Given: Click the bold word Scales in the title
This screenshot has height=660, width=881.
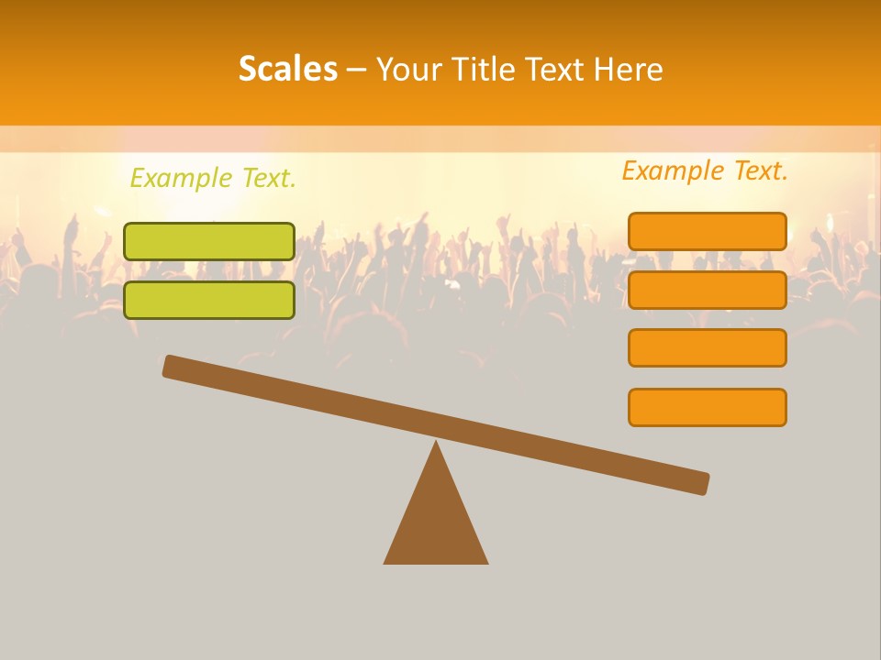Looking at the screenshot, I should click(x=287, y=69).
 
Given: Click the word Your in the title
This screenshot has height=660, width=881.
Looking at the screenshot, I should click(x=410, y=69).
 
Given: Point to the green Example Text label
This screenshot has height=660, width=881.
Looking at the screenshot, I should click(x=213, y=178).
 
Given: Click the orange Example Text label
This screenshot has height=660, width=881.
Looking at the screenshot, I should click(x=705, y=170).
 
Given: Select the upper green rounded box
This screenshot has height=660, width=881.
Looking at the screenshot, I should click(x=209, y=241).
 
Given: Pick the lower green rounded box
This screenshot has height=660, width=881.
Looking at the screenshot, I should click(x=209, y=300).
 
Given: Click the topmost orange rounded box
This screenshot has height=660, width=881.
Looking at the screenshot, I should click(x=707, y=231).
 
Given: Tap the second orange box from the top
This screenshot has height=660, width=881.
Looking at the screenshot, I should click(x=707, y=290).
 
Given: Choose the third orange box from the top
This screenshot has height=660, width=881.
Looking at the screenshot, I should click(x=707, y=348).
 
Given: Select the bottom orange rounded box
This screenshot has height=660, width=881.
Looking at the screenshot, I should click(x=707, y=407).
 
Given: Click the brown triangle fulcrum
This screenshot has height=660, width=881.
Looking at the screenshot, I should click(x=436, y=518).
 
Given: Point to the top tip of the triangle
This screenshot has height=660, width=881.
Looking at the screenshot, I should click(x=436, y=443).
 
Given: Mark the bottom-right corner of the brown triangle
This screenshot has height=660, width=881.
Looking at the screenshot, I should click(x=486, y=562).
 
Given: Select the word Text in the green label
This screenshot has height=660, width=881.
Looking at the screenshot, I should click(x=267, y=178).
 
